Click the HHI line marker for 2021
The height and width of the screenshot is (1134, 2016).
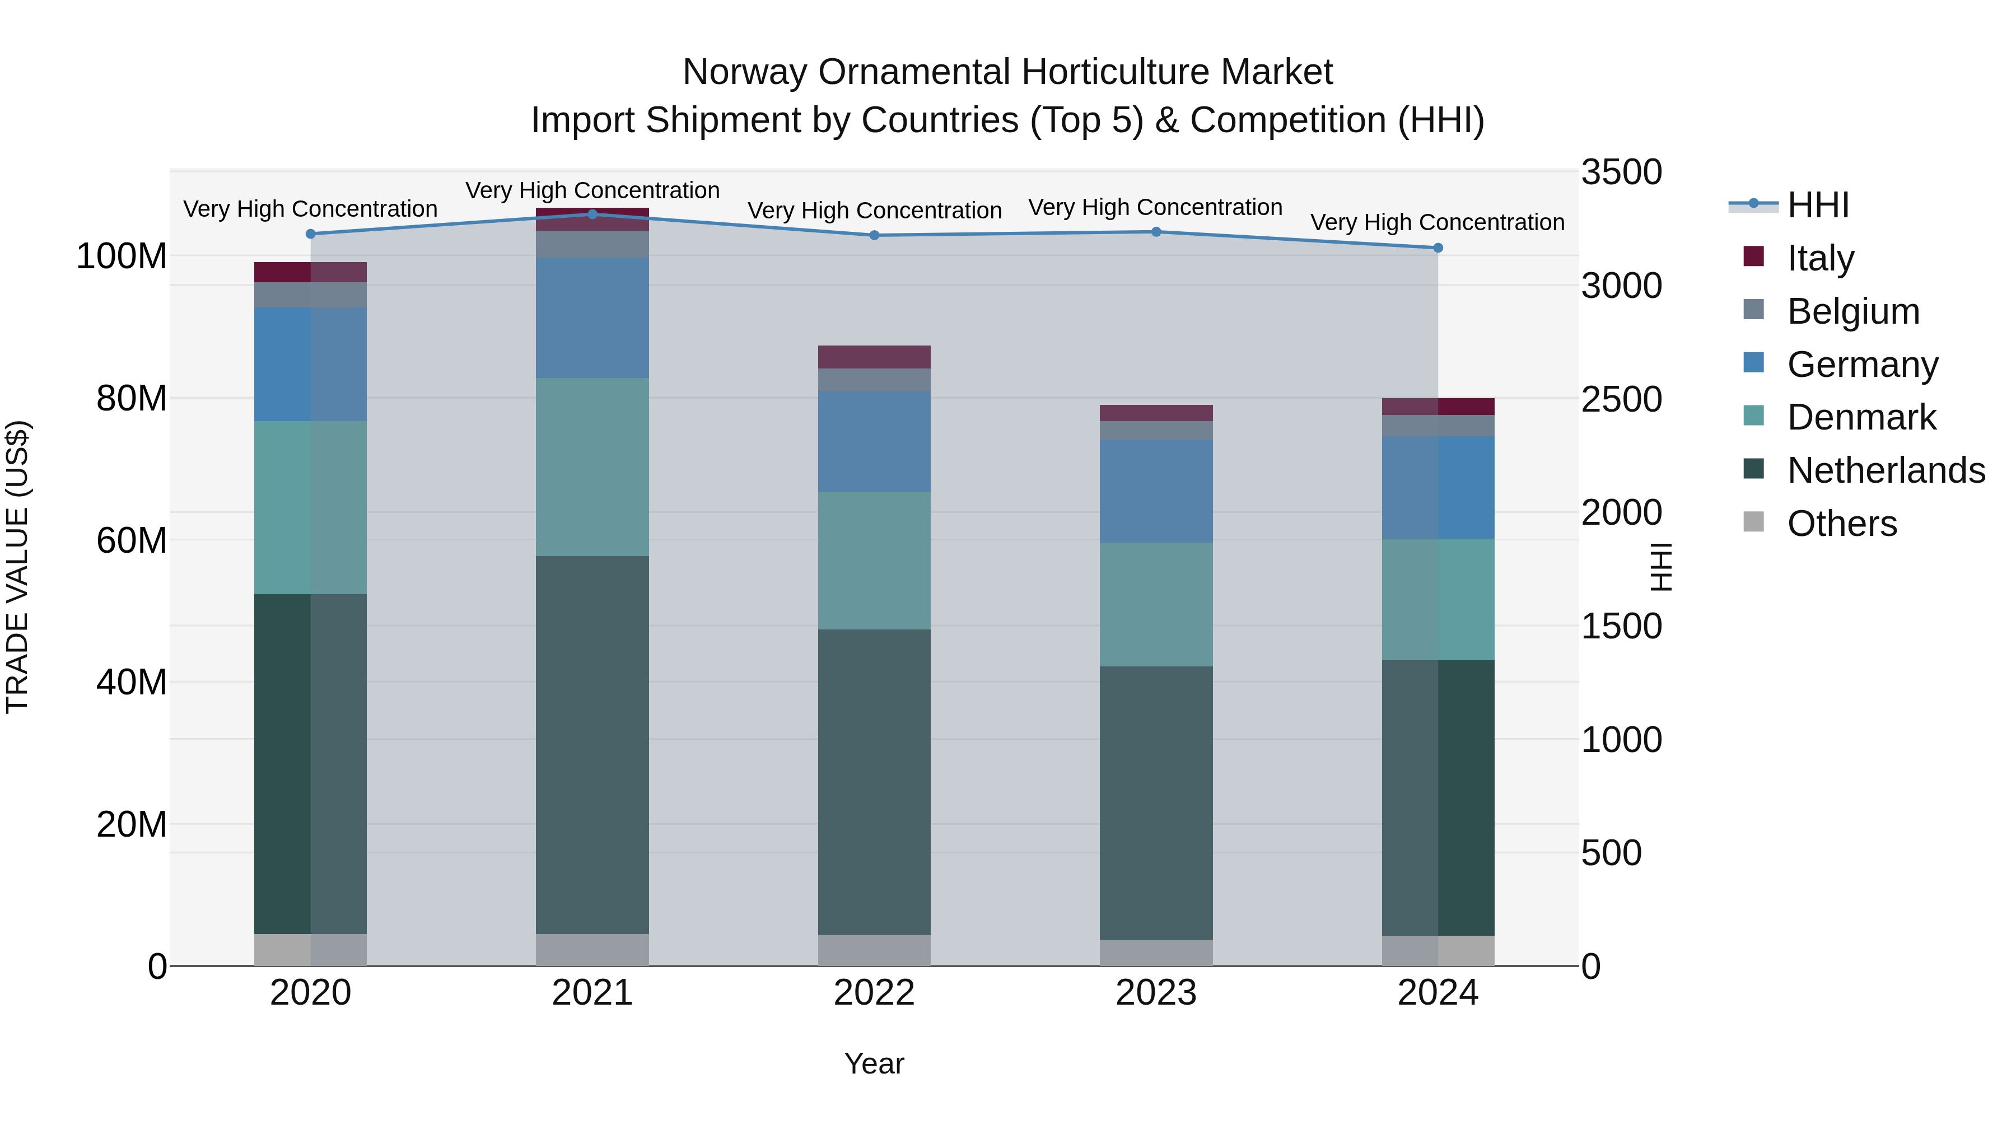[x=592, y=214]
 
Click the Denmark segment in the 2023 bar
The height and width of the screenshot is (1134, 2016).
[x=1156, y=604]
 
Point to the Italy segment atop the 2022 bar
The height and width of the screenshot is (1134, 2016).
[x=874, y=357]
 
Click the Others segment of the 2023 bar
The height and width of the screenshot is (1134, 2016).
[x=1156, y=953]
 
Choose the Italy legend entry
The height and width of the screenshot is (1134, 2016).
[x=1821, y=258]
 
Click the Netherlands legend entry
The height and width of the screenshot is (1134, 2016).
[x=1886, y=470]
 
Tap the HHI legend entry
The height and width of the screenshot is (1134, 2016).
[x=1817, y=205]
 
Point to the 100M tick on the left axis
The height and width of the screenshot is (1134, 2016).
[x=122, y=256]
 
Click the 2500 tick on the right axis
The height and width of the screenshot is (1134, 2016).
[x=1622, y=399]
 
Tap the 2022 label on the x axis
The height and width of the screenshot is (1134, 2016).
[x=874, y=993]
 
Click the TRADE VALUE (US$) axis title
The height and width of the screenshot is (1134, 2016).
[x=17, y=567]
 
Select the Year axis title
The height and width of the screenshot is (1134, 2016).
[x=874, y=1063]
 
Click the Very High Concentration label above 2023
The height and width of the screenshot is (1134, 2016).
[x=1155, y=207]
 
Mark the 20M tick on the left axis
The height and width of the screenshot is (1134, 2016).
[x=132, y=824]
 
